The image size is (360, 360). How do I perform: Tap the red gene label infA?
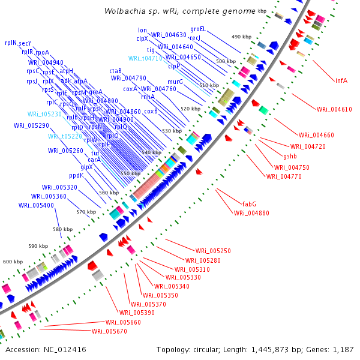(341, 80)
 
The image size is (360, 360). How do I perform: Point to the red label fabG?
(249, 204)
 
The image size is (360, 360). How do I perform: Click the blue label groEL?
(198, 28)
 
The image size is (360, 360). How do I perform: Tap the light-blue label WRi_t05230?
(44, 114)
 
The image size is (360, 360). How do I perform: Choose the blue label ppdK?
(76, 176)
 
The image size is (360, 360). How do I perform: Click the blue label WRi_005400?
(36, 205)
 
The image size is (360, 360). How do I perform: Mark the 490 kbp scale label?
(241, 37)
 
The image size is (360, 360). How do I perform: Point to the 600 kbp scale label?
(13, 262)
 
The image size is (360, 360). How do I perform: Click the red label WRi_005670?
(109, 331)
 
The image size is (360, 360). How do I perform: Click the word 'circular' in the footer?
(205, 349)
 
